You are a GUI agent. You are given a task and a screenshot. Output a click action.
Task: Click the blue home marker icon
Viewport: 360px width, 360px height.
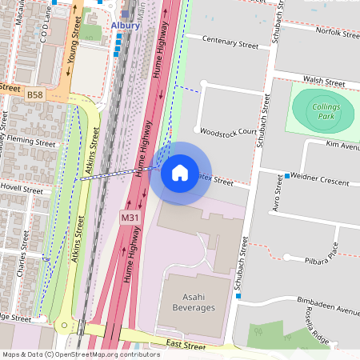pyautogui.click(x=180, y=173)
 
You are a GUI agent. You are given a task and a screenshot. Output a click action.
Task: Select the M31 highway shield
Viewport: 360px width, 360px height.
pyautogui.click(x=130, y=217)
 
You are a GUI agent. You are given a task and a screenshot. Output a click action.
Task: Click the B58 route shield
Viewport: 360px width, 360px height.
pyautogui.click(x=34, y=94)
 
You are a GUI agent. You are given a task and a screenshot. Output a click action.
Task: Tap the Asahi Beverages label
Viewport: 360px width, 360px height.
pyautogui.click(x=187, y=302)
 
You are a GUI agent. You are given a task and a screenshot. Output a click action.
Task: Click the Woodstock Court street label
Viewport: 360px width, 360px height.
pyautogui.click(x=228, y=131)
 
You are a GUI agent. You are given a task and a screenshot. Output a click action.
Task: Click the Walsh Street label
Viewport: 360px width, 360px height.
pyautogui.click(x=323, y=82)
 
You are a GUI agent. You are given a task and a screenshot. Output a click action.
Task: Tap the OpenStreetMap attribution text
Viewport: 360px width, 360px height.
pyautogui.click(x=81, y=354)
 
